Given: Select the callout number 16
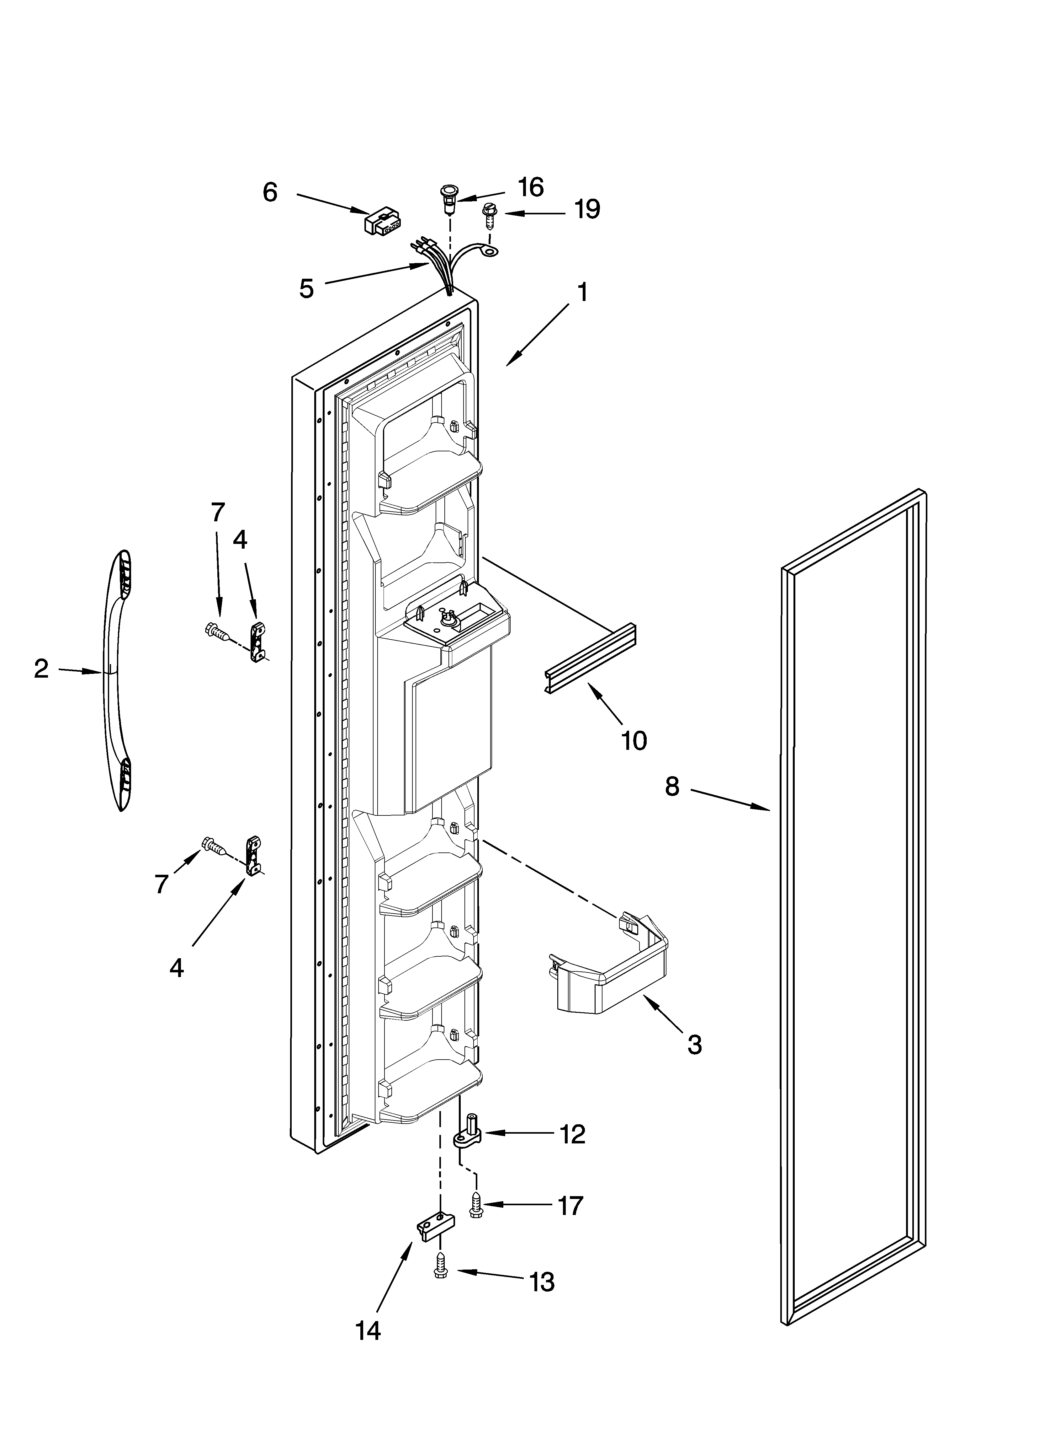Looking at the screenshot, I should click(x=530, y=187).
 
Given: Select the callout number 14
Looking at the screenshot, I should click(x=368, y=1344).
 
